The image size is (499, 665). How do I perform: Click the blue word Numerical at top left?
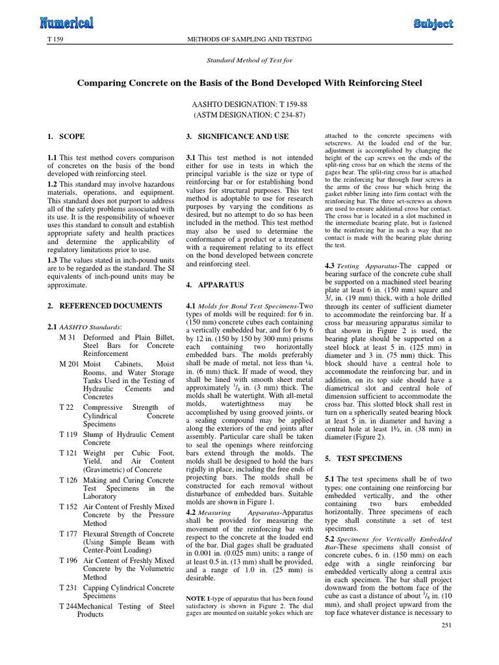click(66, 23)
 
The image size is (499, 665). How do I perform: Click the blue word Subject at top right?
click(433, 24)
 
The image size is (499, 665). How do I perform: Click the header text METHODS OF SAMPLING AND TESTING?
click(249, 40)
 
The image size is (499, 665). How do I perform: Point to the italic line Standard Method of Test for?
click(249, 62)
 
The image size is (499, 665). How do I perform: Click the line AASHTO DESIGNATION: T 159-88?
click(249, 103)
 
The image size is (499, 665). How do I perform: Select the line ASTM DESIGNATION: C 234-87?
click(249, 115)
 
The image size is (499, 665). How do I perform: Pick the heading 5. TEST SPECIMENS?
click(365, 458)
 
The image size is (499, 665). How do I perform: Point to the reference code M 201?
click(69, 365)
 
